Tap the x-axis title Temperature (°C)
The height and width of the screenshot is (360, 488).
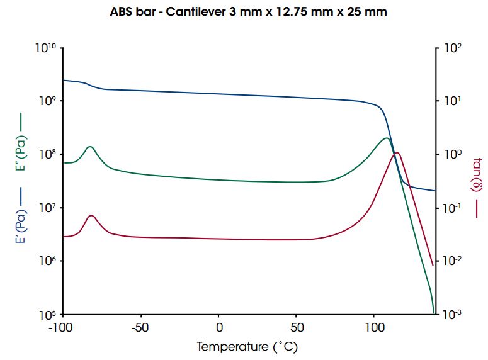(247, 346)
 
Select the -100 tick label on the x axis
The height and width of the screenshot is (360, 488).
(63, 327)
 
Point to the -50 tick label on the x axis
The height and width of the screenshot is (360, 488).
(140, 327)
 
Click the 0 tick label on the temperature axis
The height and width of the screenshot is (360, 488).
(218, 327)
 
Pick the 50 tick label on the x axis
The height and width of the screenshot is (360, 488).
(296, 327)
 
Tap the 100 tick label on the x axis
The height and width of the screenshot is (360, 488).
(373, 327)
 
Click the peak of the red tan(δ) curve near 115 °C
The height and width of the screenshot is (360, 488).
(397, 153)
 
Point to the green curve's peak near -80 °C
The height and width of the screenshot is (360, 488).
(90, 147)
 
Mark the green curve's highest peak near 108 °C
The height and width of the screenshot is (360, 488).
(386, 138)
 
